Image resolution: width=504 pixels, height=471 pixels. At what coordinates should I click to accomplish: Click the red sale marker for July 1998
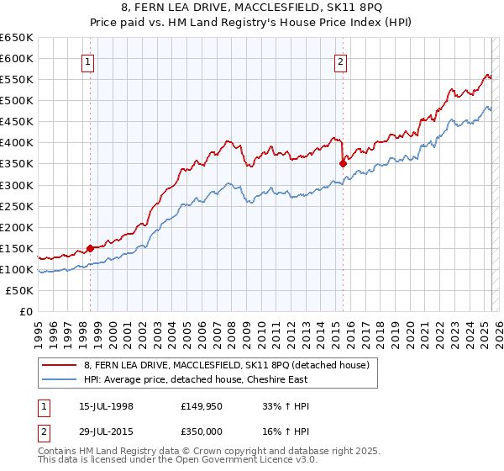[x=90, y=248]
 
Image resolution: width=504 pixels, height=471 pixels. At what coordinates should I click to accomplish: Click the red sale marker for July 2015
[x=343, y=163]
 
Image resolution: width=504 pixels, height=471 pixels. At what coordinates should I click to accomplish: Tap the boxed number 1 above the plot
[x=88, y=61]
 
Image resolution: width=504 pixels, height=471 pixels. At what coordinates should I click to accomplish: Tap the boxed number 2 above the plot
[x=341, y=61]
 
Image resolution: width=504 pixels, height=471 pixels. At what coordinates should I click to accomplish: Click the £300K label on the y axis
[x=17, y=185]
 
